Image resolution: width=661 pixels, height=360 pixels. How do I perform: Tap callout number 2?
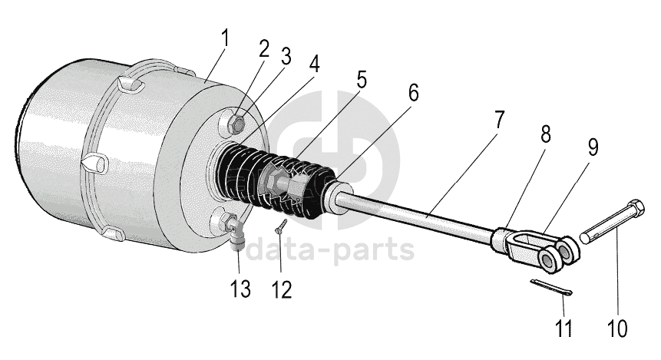click(264, 48)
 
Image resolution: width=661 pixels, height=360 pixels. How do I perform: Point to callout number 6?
click(413, 93)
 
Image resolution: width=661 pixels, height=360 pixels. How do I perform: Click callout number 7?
click(499, 121)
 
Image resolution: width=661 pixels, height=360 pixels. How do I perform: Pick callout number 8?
click(545, 135)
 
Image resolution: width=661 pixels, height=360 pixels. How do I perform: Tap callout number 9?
click(592, 147)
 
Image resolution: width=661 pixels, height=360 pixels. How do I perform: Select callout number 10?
click(618, 329)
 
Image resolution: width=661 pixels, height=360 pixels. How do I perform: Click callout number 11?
click(564, 329)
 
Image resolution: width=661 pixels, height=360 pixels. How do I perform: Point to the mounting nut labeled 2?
click(238, 122)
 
